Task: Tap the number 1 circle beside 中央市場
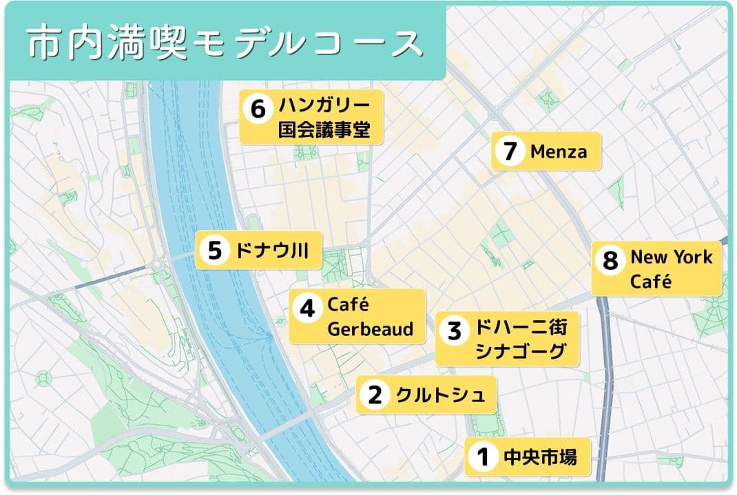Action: (x=483, y=456)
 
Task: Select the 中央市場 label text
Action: (x=540, y=456)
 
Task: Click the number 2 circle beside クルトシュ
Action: (x=375, y=395)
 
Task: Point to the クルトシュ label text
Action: (x=440, y=395)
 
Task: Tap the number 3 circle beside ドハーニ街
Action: (x=454, y=330)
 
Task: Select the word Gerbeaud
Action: (x=370, y=329)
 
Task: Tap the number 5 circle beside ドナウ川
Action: (x=214, y=251)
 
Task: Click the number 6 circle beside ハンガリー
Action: (x=258, y=109)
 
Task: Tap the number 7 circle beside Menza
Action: (x=510, y=151)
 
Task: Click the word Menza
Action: (x=559, y=151)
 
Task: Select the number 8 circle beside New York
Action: (x=610, y=260)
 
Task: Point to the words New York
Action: (x=671, y=257)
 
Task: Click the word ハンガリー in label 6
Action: (x=324, y=106)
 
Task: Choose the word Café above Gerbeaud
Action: (x=349, y=304)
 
